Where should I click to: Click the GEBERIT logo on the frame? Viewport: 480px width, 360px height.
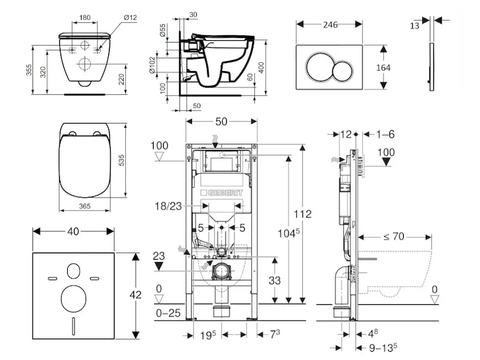225,191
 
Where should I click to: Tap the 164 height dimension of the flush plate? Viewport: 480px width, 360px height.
383,68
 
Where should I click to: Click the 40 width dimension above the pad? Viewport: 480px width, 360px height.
73,231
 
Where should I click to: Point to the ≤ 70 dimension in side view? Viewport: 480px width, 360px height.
393,236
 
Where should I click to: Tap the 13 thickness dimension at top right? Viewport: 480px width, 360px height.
415,25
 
